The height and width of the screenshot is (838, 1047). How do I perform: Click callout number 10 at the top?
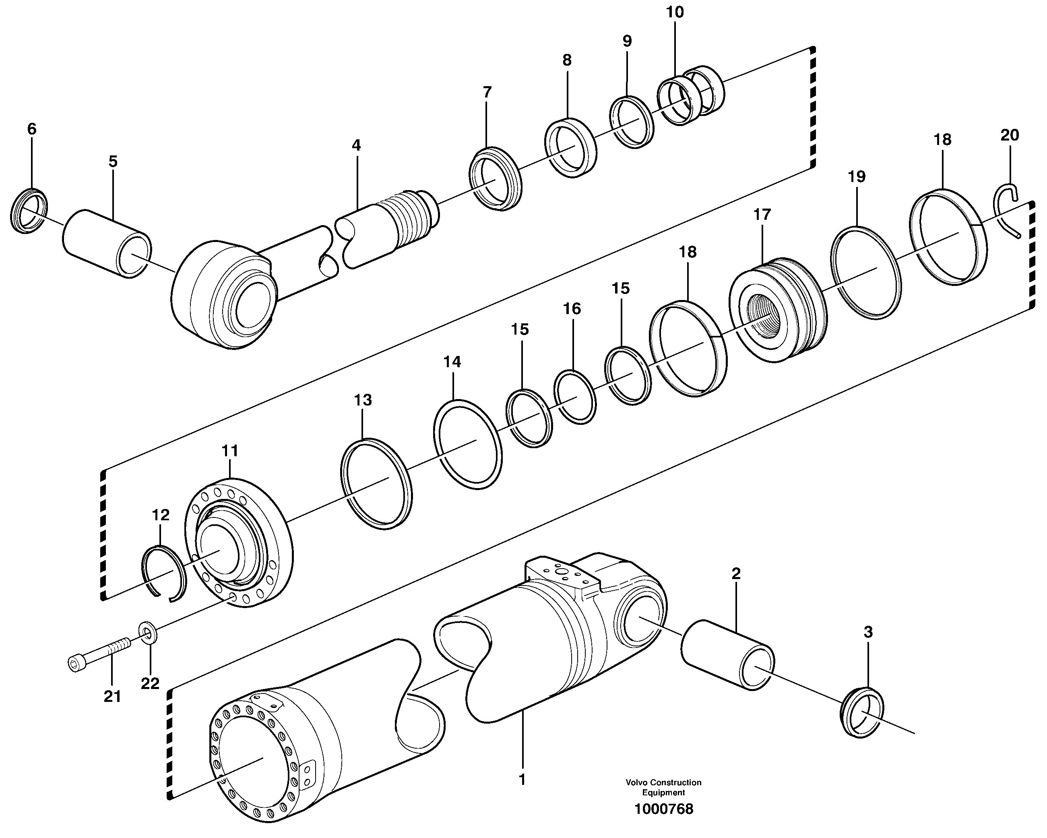[x=675, y=12]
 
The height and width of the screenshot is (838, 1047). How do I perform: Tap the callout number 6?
[x=31, y=129]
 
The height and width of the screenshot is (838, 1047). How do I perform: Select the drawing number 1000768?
[x=663, y=809]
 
